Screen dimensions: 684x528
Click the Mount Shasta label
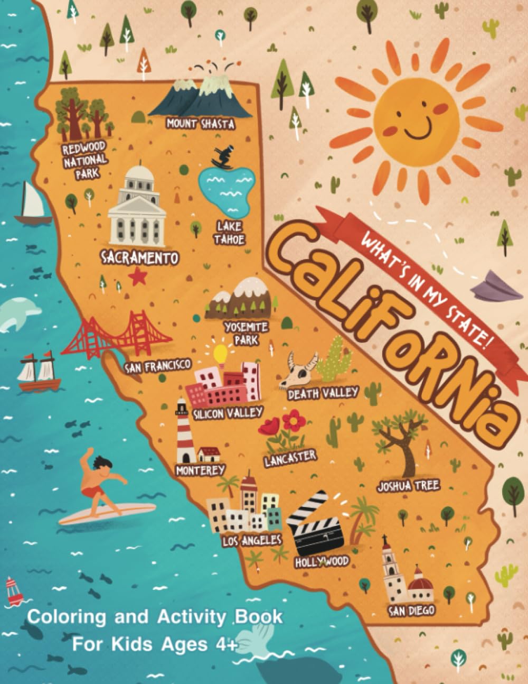tap(200, 124)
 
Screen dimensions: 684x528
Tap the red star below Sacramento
tap(138, 276)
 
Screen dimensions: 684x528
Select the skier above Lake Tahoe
tap(221, 156)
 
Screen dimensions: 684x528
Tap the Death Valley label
tap(323, 393)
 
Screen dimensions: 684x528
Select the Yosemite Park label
tap(246, 334)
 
